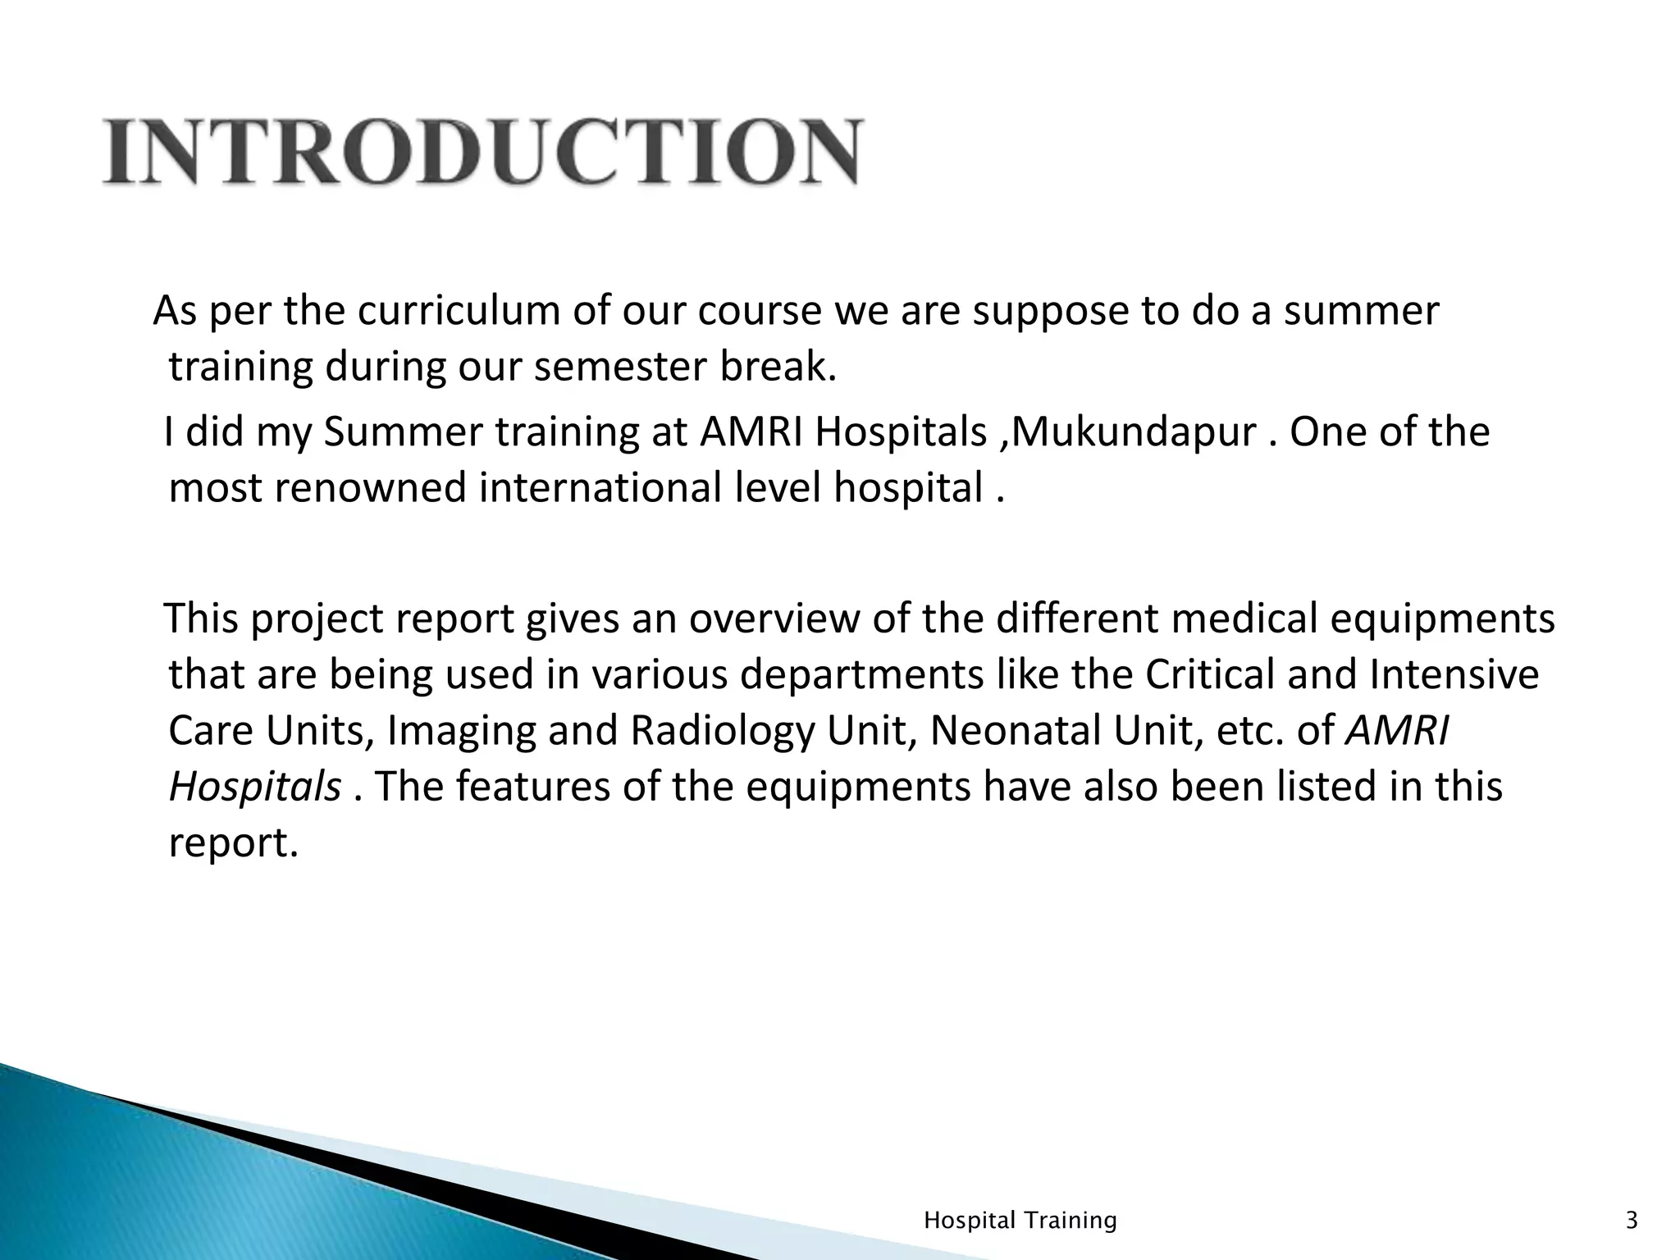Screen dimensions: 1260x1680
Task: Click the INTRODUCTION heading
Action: (x=482, y=153)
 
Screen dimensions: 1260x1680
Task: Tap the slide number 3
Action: (x=1632, y=1221)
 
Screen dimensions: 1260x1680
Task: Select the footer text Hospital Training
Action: (x=1020, y=1221)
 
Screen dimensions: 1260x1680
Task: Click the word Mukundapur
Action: (x=1136, y=432)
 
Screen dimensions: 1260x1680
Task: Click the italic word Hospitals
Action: (x=254, y=787)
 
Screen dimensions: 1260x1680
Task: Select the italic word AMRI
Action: (x=1398, y=731)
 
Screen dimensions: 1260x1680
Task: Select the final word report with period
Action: (x=233, y=843)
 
